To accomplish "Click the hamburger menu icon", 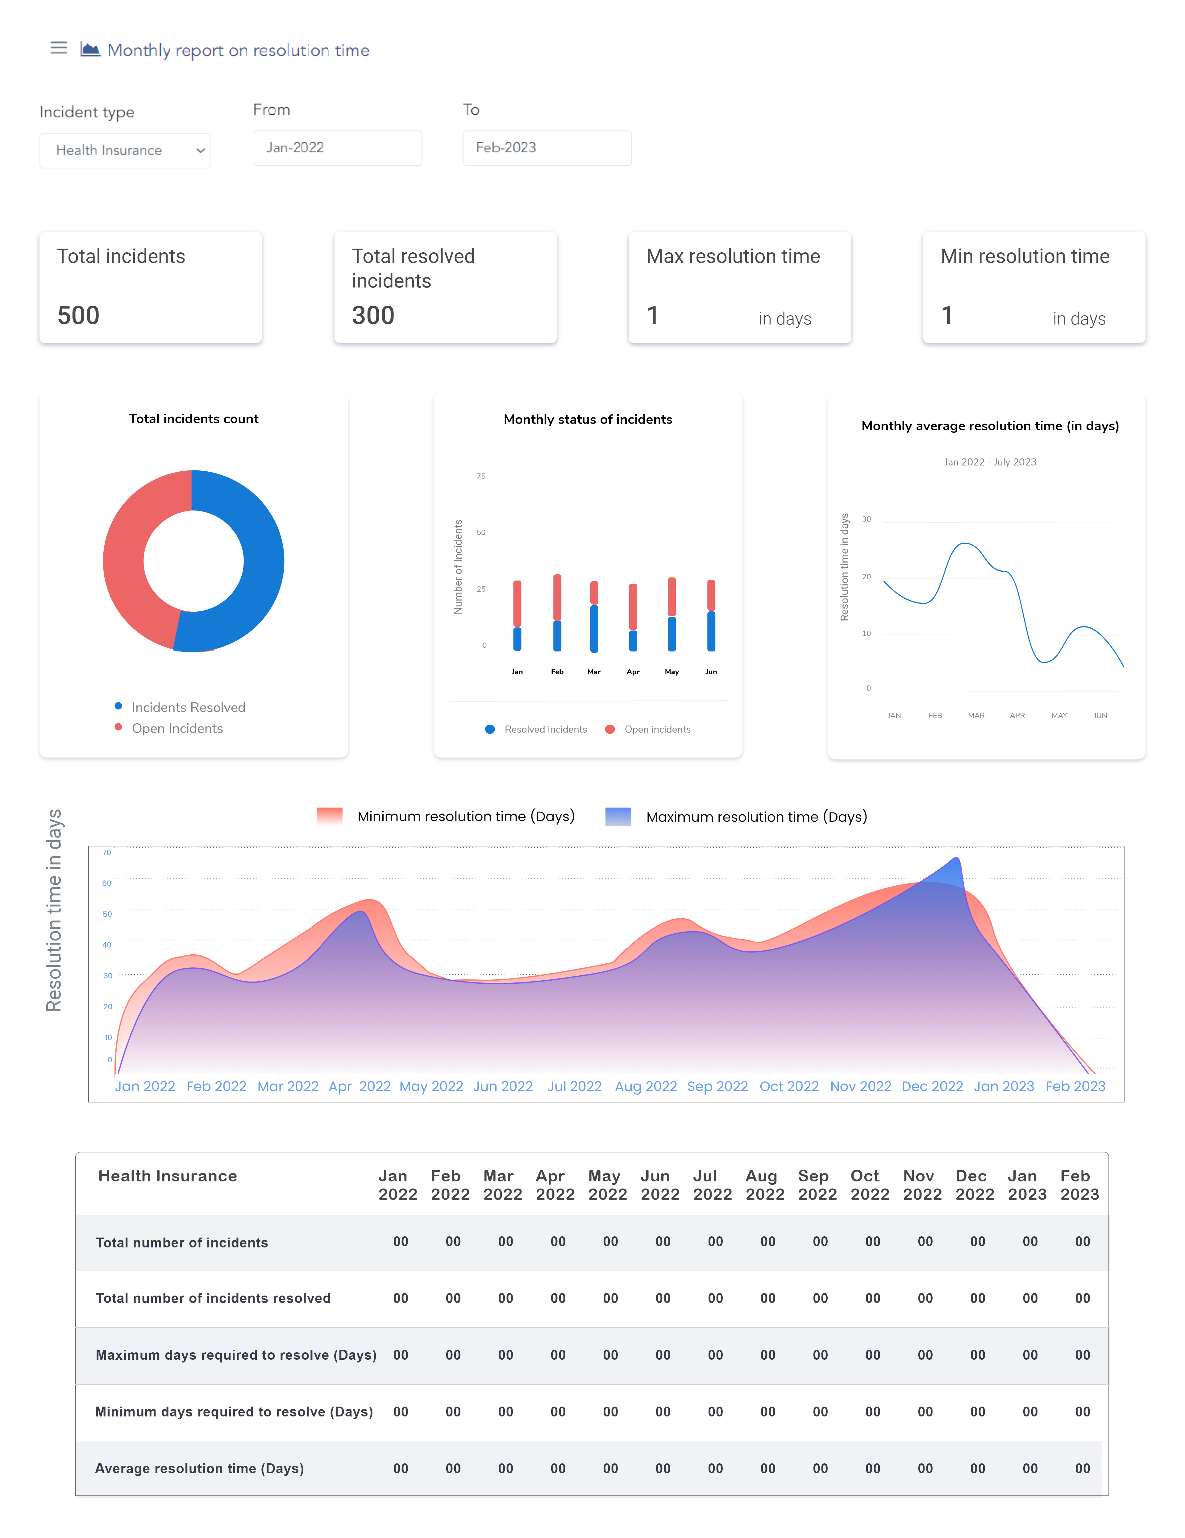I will click(58, 48).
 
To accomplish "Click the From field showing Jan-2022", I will click(338, 148).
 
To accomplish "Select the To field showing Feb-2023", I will click(547, 148).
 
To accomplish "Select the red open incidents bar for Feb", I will click(557, 597).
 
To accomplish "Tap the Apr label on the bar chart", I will click(633, 672).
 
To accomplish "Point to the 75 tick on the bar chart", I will click(481, 476).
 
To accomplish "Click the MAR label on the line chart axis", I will click(976, 715).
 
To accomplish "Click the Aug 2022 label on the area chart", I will click(645, 1086).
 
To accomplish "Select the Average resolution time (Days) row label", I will click(199, 1468).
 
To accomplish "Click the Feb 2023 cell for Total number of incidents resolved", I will click(1082, 1298).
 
